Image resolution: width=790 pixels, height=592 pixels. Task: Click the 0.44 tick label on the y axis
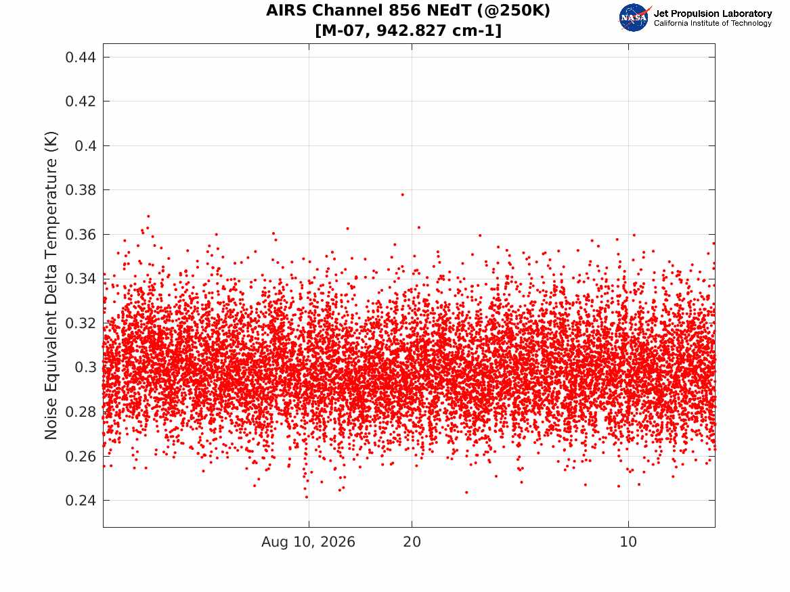click(x=80, y=58)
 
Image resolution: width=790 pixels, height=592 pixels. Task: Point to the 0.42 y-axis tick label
click(x=80, y=101)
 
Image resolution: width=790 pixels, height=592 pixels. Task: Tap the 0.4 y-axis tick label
click(x=85, y=146)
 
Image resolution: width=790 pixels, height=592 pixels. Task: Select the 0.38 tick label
click(x=80, y=190)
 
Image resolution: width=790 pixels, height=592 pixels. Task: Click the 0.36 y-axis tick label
click(x=80, y=235)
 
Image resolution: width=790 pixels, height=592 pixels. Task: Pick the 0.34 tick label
click(x=80, y=279)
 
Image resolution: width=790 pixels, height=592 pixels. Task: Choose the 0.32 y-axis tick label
click(x=80, y=323)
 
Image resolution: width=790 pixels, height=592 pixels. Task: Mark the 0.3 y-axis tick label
click(x=85, y=367)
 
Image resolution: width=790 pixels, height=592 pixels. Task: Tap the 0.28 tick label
click(x=80, y=412)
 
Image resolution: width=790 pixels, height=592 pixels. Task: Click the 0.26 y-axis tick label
click(x=80, y=456)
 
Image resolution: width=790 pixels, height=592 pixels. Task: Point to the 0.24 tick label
click(x=80, y=501)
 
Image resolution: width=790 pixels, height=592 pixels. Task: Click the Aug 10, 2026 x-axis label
click(x=308, y=542)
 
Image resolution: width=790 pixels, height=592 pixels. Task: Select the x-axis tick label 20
click(x=412, y=542)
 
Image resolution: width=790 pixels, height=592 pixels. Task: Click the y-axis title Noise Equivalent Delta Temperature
click(x=51, y=285)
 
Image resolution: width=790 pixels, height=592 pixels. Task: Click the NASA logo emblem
click(x=634, y=18)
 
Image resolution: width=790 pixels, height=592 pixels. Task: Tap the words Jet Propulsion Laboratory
click(x=712, y=14)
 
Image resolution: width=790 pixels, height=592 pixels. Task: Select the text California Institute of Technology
click(x=712, y=23)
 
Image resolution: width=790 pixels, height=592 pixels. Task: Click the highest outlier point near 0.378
click(x=402, y=194)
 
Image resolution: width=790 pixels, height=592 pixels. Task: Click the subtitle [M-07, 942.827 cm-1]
click(x=408, y=30)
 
